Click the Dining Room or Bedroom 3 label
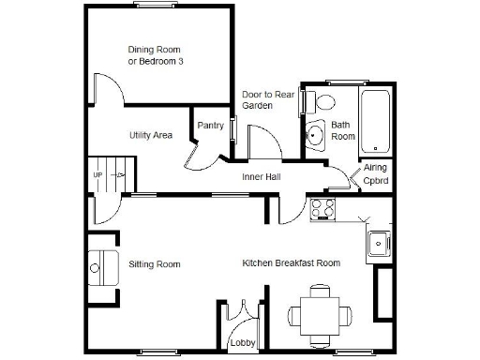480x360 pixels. (x=154, y=55)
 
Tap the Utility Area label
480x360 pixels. (x=150, y=136)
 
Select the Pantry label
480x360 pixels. (x=209, y=126)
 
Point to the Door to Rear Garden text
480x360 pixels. (x=257, y=100)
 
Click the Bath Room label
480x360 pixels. (x=343, y=130)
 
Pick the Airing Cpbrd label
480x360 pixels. (x=375, y=173)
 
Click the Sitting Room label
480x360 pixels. (x=154, y=264)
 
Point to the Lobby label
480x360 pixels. (x=242, y=344)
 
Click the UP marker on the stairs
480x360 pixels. (x=97, y=175)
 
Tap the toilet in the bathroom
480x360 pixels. (x=324, y=101)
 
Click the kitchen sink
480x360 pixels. (x=379, y=242)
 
